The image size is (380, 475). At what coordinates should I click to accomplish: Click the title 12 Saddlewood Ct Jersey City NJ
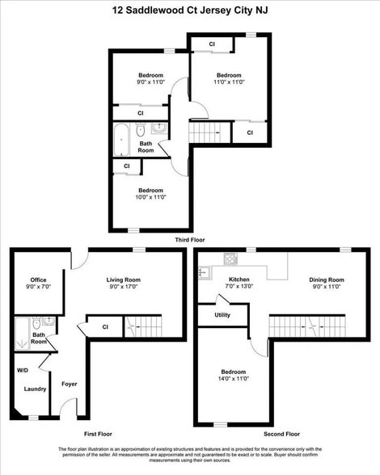(x=189, y=11)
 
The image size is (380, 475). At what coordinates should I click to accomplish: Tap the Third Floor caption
(x=190, y=241)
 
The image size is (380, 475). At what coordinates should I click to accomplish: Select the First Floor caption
(x=98, y=434)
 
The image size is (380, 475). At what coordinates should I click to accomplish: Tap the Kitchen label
(x=239, y=280)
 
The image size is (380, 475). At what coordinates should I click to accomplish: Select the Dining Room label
(x=326, y=280)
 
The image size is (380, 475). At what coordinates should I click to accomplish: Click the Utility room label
(x=222, y=315)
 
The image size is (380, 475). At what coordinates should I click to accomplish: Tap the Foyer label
(x=70, y=384)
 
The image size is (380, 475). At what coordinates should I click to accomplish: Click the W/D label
(x=22, y=371)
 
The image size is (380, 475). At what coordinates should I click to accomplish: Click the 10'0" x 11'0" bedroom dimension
(x=150, y=197)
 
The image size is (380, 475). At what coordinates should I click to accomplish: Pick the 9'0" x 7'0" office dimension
(x=38, y=287)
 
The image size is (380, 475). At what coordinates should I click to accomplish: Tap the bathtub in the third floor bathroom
(x=121, y=141)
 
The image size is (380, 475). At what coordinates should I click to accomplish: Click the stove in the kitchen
(x=230, y=259)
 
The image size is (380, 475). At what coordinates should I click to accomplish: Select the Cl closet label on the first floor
(x=106, y=326)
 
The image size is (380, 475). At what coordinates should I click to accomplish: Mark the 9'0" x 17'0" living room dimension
(x=124, y=287)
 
